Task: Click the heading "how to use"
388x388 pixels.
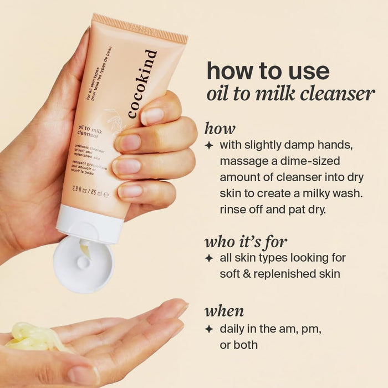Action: click(268, 71)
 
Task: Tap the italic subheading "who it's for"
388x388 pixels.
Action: click(246, 242)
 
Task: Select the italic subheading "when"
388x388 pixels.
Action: click(224, 310)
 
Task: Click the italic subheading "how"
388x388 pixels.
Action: click(219, 129)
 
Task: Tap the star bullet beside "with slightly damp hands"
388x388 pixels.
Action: click(209, 146)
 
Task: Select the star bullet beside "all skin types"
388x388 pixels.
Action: click(209, 258)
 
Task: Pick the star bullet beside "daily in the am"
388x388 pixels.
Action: click(209, 329)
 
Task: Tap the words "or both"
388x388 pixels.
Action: click(238, 344)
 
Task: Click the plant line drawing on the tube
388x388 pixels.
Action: click(116, 119)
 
